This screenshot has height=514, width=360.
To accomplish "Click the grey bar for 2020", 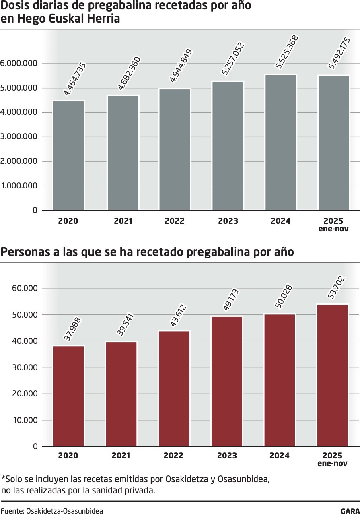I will pyautogui.click(x=69, y=155).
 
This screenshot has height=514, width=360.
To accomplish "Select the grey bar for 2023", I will pyautogui.click(x=228, y=146).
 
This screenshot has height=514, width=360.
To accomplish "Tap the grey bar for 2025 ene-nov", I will pyautogui.click(x=333, y=143).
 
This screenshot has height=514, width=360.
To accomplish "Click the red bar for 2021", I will pyautogui.click(x=121, y=394).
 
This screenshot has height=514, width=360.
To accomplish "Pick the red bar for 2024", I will pyautogui.click(x=280, y=380).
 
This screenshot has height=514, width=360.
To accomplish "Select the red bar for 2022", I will pyautogui.click(x=174, y=388).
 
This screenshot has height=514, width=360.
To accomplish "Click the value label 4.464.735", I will pyautogui.click(x=75, y=79).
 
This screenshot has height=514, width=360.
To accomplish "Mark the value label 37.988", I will pyautogui.click(x=72, y=330).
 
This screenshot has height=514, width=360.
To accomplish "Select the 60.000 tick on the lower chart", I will pyautogui.click(x=25, y=288).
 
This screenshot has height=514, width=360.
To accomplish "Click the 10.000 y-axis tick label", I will pyautogui.click(x=25, y=420).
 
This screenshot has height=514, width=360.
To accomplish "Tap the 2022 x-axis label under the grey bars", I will pyautogui.click(x=174, y=221).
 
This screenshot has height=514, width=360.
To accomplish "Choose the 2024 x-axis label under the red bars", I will pyautogui.click(x=280, y=456).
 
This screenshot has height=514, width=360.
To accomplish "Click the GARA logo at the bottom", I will pyautogui.click(x=350, y=511).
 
